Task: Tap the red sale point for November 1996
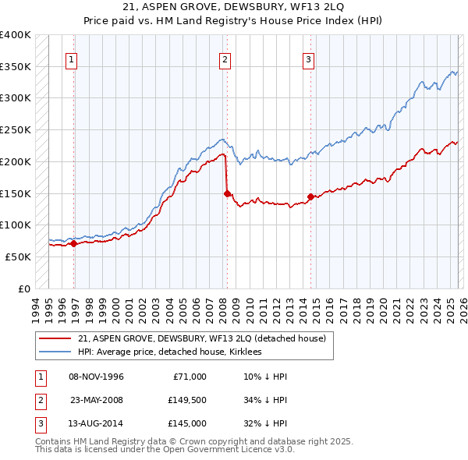pos(74,243)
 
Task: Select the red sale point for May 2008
pos(227,193)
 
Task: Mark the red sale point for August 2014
pos(310,196)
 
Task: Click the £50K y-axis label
pos(18,257)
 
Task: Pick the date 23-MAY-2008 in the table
pos(97,400)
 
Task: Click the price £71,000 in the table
pos(187,377)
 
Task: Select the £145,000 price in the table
pos(187,423)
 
